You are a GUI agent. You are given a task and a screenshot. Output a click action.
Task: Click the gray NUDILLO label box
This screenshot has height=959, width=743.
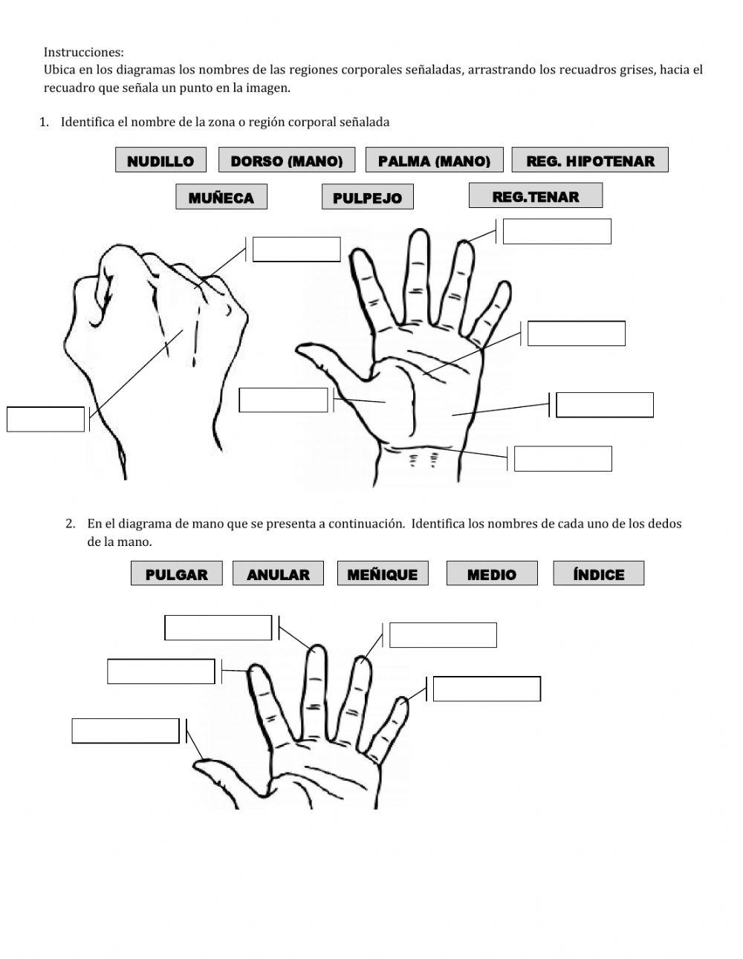point(160,160)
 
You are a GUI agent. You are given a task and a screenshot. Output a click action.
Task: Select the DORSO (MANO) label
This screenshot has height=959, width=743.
point(286,160)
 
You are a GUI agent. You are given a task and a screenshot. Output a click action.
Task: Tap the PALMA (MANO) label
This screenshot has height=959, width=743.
point(434,160)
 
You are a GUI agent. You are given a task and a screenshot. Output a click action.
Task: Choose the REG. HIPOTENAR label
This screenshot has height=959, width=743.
point(590,160)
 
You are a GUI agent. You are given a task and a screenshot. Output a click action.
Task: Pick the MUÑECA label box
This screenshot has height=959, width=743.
point(221,198)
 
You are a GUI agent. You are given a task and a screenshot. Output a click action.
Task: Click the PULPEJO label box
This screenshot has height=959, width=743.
point(367,198)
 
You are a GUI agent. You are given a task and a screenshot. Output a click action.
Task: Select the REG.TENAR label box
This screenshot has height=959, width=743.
point(535,196)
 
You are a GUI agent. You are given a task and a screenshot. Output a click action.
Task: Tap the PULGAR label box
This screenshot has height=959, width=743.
point(176,574)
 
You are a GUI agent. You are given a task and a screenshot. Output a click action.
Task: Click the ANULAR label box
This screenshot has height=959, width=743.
point(278,574)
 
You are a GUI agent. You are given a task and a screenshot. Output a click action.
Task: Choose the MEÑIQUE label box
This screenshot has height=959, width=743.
point(382,574)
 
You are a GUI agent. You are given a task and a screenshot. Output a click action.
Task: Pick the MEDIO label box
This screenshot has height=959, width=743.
point(491,574)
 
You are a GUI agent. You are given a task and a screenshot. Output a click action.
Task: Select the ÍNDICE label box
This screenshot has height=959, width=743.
point(598,574)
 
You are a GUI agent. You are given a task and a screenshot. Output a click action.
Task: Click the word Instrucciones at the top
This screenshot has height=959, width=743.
point(83,52)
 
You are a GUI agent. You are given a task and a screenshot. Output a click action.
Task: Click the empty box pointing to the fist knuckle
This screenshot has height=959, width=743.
point(296,250)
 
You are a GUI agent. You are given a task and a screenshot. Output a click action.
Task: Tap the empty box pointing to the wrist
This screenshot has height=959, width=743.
point(562,458)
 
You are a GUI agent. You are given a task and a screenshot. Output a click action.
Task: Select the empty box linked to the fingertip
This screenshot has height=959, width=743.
point(557,231)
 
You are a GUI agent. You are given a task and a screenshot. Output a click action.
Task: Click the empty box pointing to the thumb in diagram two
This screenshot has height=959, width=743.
point(126,731)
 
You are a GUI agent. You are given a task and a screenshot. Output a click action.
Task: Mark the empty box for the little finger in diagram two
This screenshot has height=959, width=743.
point(487,689)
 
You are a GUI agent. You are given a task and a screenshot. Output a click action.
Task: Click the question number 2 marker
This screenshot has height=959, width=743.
point(71,523)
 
